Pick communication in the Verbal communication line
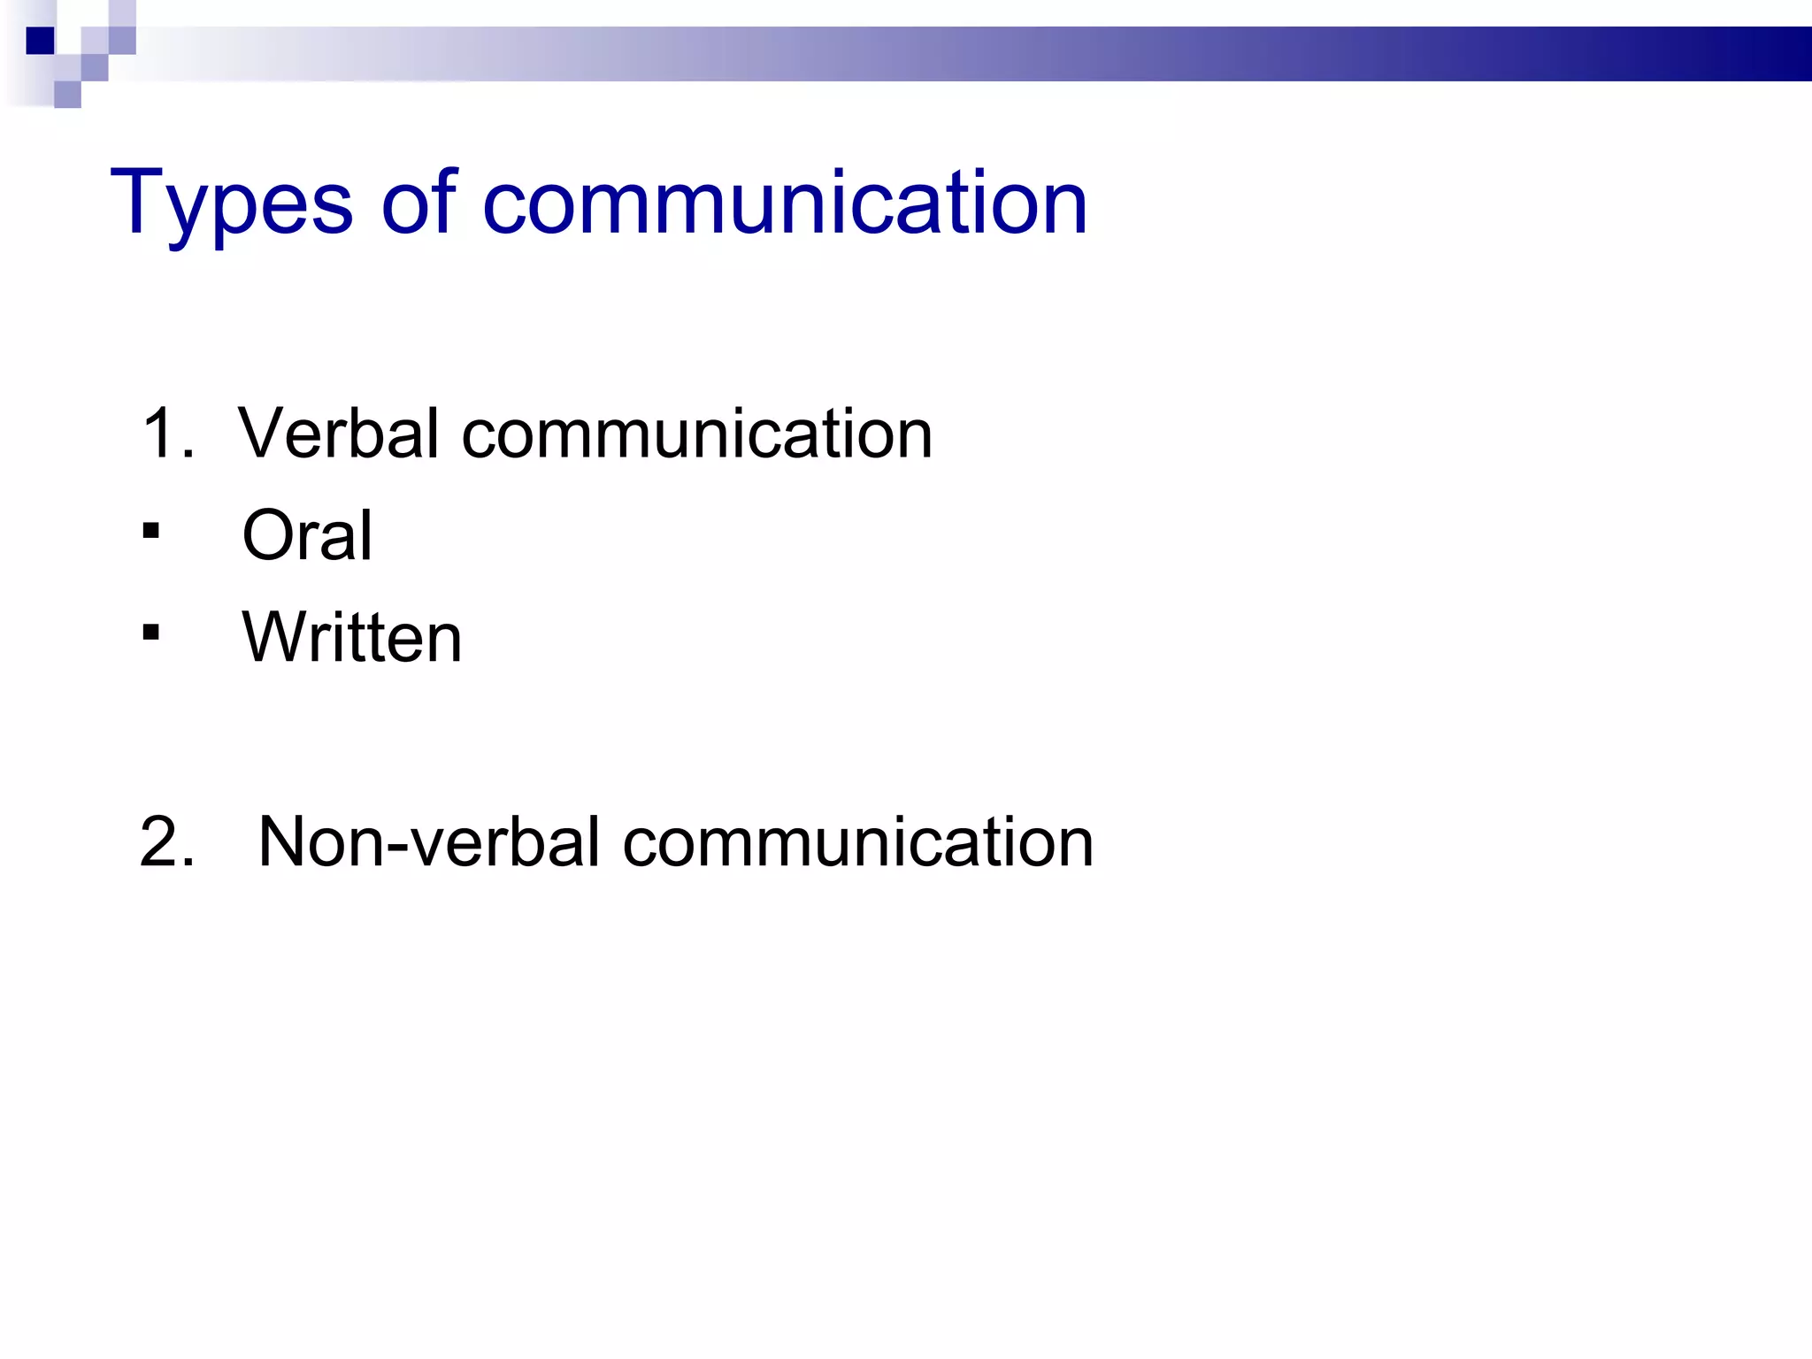[697, 434]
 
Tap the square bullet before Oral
[151, 531]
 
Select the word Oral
[307, 535]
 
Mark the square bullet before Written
[151, 632]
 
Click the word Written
[352, 637]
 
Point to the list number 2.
[166, 841]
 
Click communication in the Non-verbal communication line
[858, 841]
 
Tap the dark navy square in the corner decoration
[41, 41]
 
